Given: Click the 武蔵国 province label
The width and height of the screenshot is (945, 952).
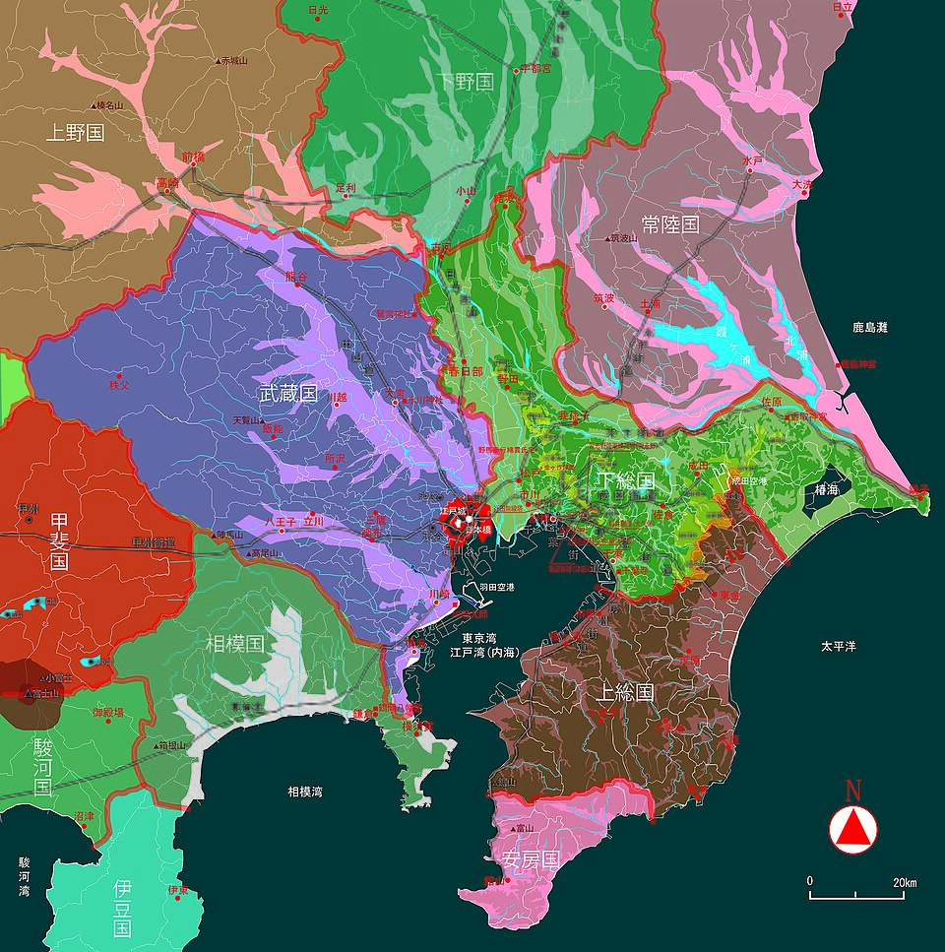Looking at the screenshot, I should (288, 394).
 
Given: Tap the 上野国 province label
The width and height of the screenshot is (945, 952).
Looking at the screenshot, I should (75, 132).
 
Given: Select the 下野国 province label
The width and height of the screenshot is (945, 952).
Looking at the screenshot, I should (465, 82).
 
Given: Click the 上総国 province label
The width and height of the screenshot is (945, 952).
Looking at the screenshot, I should (624, 692).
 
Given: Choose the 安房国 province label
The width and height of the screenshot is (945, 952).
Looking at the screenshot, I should (531, 859).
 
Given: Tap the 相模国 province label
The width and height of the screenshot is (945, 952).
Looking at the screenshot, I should (235, 644).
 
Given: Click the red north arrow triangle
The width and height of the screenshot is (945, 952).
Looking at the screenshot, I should (853, 829).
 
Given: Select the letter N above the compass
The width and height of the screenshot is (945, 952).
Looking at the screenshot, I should (853, 791).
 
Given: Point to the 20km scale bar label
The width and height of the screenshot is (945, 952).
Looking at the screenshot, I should (905, 882).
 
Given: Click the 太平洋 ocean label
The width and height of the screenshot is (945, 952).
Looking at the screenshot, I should (840, 647).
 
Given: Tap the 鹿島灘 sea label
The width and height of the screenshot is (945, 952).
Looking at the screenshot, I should (870, 327).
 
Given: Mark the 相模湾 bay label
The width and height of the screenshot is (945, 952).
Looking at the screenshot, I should (305, 791).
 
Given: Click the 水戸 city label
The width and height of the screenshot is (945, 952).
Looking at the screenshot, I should (753, 159).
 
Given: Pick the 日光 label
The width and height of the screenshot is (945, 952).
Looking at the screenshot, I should (317, 10).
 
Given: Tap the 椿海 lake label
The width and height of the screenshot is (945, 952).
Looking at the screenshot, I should (826, 489).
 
